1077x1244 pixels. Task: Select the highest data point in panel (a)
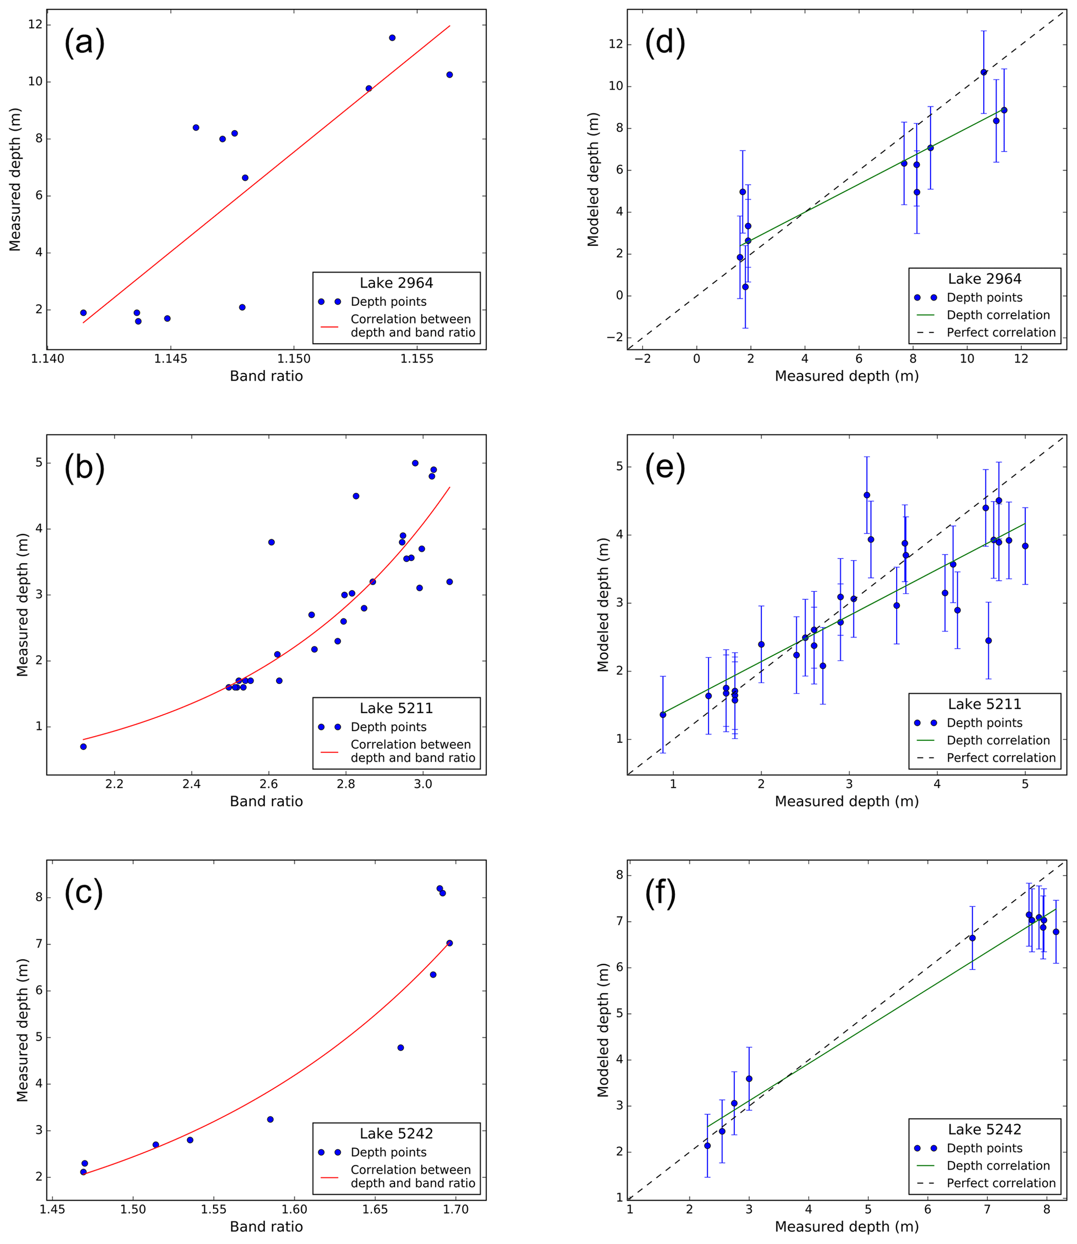(392, 38)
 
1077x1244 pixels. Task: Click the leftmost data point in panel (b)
(83, 747)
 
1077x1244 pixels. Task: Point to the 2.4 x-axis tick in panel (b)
(192, 784)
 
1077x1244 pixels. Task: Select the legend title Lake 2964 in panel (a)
(396, 283)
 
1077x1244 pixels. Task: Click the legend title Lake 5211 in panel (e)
(984, 704)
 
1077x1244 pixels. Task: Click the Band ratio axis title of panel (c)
(266, 1227)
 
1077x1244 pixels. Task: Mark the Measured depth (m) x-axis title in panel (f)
(846, 1227)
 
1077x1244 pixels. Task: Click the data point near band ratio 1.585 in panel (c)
(270, 1119)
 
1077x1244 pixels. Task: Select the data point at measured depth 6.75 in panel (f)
(972, 938)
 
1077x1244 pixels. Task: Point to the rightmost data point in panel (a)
(450, 74)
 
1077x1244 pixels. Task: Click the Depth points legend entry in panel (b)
(388, 727)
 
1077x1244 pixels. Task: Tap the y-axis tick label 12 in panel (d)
(616, 44)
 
